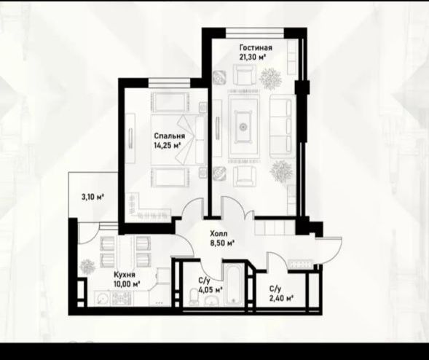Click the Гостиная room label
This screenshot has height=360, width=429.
(x=256, y=47)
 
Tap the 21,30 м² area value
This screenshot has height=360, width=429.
(x=253, y=57)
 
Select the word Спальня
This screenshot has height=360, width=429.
(x=170, y=136)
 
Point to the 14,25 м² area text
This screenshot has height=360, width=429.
(x=168, y=145)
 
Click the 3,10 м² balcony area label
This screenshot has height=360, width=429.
(x=93, y=197)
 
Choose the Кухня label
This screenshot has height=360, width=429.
(x=125, y=274)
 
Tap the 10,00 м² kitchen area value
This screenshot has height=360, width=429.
(x=127, y=283)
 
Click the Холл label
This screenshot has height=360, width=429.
(x=219, y=234)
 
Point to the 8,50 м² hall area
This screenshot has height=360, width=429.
(x=222, y=243)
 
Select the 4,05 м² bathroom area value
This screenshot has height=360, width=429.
(x=210, y=289)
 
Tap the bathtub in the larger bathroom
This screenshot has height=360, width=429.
(x=233, y=285)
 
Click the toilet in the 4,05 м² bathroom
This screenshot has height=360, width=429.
(x=194, y=298)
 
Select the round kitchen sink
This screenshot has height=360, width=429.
(x=102, y=298)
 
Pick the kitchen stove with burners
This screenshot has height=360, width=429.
(x=122, y=298)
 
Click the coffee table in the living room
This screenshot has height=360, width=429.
(x=243, y=127)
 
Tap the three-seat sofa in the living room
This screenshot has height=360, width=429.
(x=280, y=127)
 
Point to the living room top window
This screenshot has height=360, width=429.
(x=255, y=33)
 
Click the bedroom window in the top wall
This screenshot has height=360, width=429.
(x=170, y=82)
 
